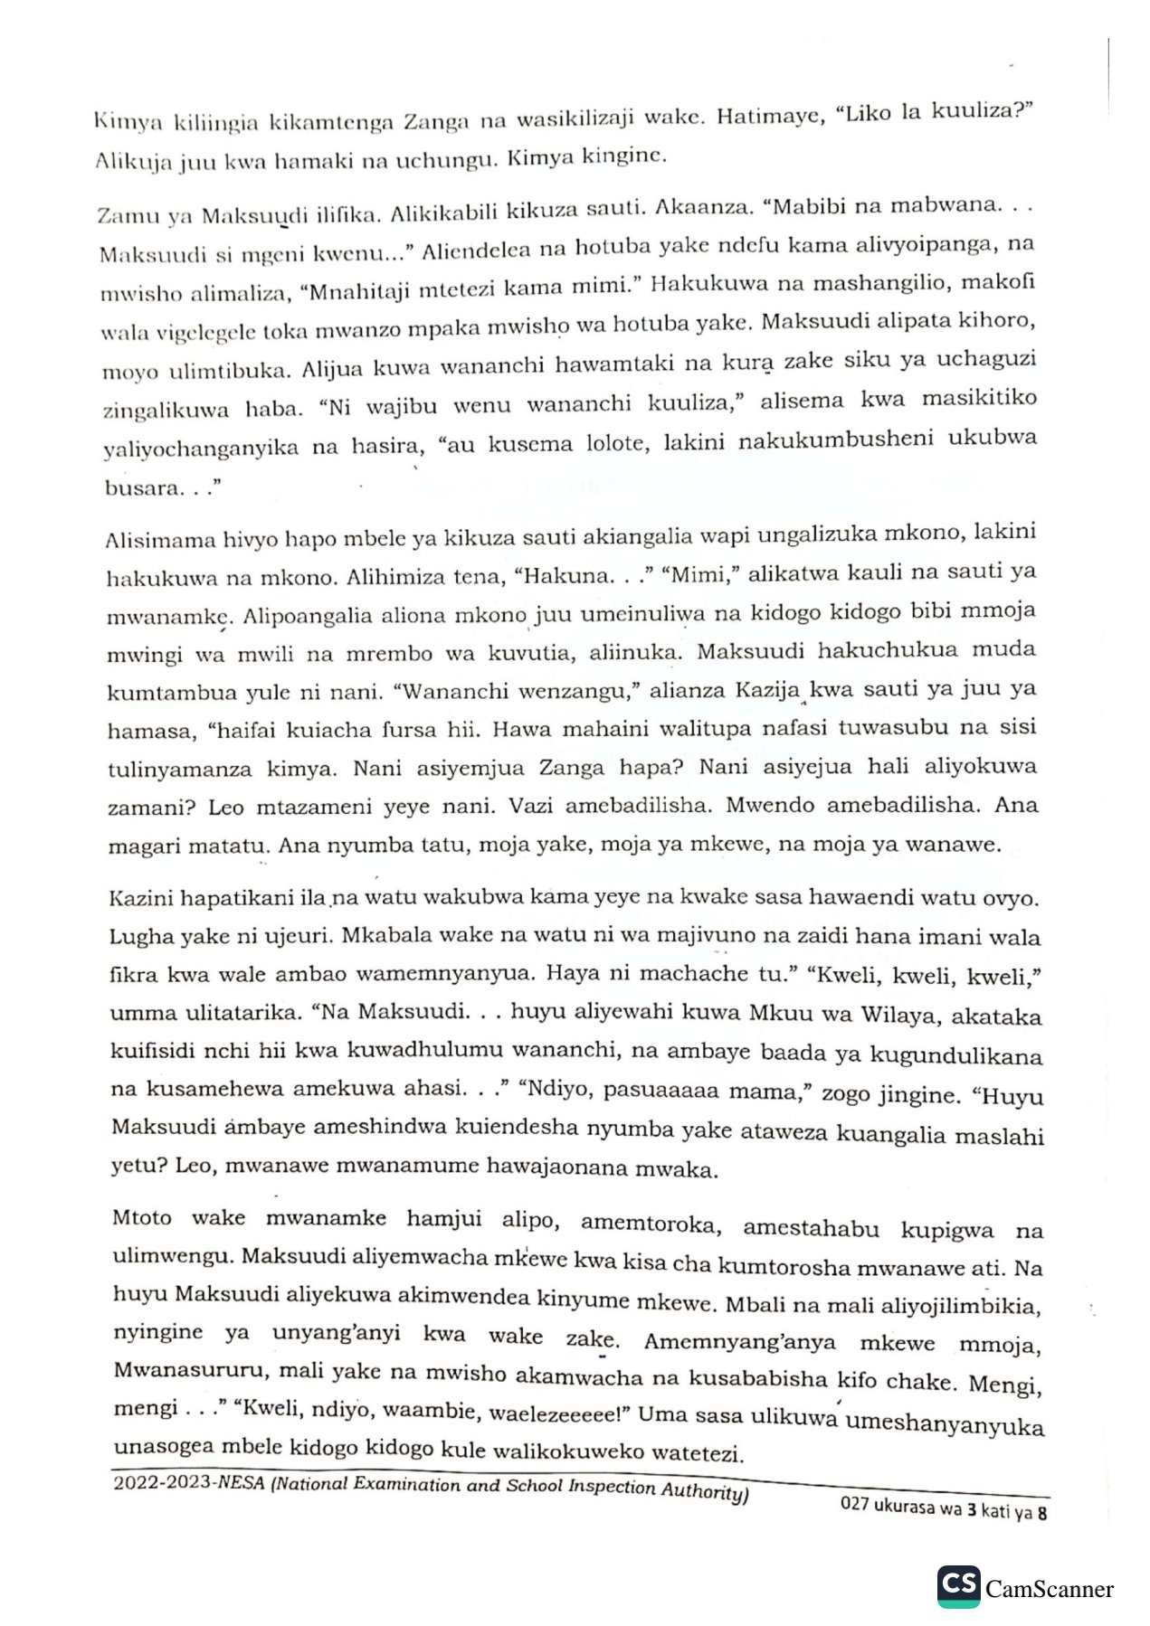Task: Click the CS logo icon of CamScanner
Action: pyautogui.click(x=959, y=1585)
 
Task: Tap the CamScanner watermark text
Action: pyautogui.click(x=1050, y=1589)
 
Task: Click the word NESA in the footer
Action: pyautogui.click(x=242, y=1483)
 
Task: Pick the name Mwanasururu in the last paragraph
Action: pyautogui.click(x=190, y=1369)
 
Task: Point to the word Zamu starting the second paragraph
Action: pyautogui.click(x=125, y=216)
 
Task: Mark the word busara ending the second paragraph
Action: pyautogui.click(x=141, y=488)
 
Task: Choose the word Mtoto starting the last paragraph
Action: pyautogui.click(x=141, y=1217)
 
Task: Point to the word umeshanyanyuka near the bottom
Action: pyautogui.click(x=945, y=1424)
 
